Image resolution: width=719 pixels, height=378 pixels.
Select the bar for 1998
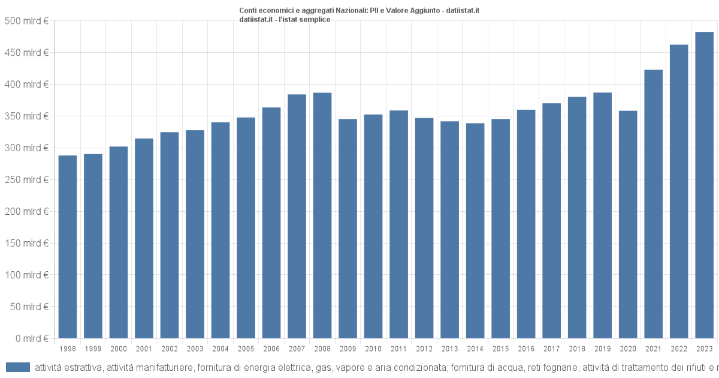(x=68, y=247)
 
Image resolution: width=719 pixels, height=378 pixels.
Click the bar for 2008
(x=322, y=215)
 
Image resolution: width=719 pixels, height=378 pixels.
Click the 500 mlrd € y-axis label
(x=26, y=21)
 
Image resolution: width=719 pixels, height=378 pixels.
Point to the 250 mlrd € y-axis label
(x=26, y=179)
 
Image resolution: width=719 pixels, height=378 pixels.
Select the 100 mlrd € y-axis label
(x=26, y=275)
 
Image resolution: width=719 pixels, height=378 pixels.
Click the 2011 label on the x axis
(x=398, y=349)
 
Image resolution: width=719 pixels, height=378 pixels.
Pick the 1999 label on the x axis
(x=93, y=349)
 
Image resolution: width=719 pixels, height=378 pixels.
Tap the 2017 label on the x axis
(x=551, y=349)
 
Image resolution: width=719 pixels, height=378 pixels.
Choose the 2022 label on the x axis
(x=679, y=349)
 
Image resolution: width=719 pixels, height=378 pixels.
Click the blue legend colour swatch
(x=17, y=367)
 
